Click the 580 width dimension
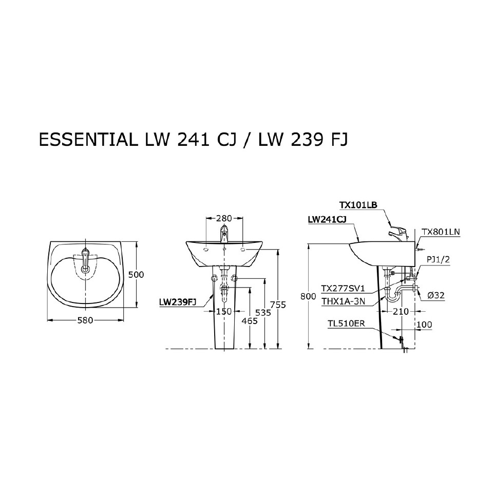85,320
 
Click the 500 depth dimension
136,275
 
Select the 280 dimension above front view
224,218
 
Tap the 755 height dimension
278,305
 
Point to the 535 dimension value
264,312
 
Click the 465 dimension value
250,320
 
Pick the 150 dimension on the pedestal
224,312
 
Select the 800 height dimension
308,296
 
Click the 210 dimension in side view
401,312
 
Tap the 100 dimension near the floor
425,325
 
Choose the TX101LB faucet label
358,205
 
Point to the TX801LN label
441,232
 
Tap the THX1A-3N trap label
343,301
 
